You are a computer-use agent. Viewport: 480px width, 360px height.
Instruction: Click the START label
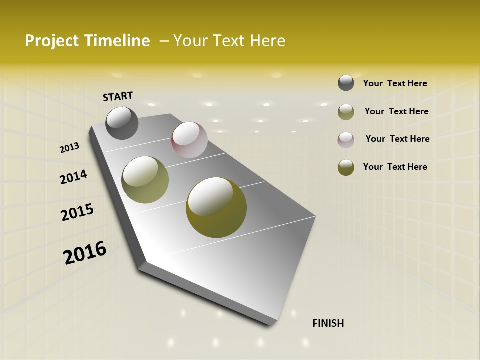click(118, 96)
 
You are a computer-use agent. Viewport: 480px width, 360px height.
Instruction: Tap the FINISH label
click(328, 323)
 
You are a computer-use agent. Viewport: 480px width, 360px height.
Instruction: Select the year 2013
click(70, 148)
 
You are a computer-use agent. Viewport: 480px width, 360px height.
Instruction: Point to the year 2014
click(73, 177)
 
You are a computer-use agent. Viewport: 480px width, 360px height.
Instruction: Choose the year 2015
click(77, 212)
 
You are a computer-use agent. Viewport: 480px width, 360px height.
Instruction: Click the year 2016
click(85, 253)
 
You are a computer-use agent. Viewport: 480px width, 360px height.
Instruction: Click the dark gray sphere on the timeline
click(122, 123)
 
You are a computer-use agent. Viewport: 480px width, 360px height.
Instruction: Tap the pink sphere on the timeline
click(189, 140)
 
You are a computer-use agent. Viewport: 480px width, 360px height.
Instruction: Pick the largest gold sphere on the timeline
click(216, 207)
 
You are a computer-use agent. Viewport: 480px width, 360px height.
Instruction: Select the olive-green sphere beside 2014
click(145, 180)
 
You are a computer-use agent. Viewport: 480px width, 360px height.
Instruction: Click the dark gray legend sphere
click(346, 83)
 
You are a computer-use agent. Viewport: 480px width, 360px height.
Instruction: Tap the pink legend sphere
click(346, 140)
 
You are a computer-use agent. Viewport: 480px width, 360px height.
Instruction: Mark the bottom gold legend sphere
click(346, 167)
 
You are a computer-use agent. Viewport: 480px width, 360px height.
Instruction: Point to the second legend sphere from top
click(346, 112)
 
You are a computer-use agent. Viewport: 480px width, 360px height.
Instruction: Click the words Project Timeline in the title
click(87, 41)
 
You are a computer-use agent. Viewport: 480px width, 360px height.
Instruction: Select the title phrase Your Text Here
click(229, 41)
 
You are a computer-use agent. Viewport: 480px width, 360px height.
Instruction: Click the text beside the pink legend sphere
click(397, 139)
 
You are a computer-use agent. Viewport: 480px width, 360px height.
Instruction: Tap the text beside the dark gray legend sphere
click(395, 83)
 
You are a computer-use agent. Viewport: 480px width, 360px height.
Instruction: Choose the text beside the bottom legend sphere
click(395, 167)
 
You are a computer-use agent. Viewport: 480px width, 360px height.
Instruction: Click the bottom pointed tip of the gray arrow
click(271, 324)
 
